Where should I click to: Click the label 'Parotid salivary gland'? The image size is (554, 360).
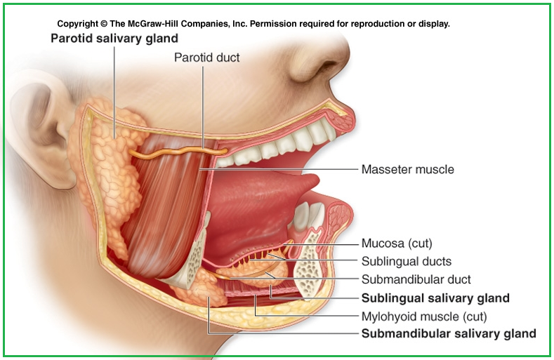pyautogui.click(x=114, y=38)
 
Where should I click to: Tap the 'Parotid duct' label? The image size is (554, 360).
pyautogui.click(x=206, y=58)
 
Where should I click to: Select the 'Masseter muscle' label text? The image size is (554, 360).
pyautogui.click(x=407, y=169)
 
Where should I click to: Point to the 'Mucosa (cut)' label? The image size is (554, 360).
pyautogui.click(x=396, y=244)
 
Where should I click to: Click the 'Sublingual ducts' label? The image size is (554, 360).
pyautogui.click(x=406, y=262)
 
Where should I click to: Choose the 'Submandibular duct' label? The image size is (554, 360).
pyautogui.click(x=416, y=279)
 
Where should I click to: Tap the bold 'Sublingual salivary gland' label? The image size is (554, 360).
pyautogui.click(x=435, y=298)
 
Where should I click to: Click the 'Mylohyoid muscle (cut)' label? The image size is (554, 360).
pyautogui.click(x=423, y=316)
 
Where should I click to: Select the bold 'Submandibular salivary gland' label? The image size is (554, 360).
pyautogui.click(x=448, y=334)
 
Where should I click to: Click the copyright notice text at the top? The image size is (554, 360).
pyautogui.click(x=253, y=23)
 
